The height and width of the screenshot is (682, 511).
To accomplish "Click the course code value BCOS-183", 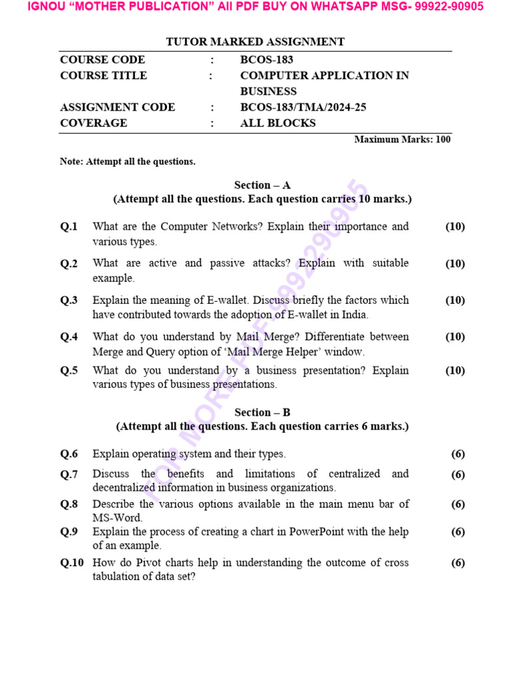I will [x=266, y=60].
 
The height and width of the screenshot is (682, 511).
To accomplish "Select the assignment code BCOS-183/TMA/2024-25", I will [x=303, y=107].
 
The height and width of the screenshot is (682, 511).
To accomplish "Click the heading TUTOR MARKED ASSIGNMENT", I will [x=255, y=42].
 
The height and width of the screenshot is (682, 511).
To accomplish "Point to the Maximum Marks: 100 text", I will [x=402, y=139].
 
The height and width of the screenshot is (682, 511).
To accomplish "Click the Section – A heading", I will [x=262, y=185].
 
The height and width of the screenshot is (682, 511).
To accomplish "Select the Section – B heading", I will [x=262, y=412].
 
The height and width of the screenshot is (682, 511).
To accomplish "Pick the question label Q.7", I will [x=69, y=475].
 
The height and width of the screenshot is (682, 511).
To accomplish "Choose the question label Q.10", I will [x=71, y=563].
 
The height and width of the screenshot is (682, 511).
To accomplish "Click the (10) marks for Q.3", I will [x=455, y=300].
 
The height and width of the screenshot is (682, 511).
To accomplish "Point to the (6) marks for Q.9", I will [x=458, y=532].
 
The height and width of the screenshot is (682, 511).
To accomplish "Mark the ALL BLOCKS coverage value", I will [x=277, y=123].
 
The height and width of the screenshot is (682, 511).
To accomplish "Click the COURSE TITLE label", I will [x=103, y=76].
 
